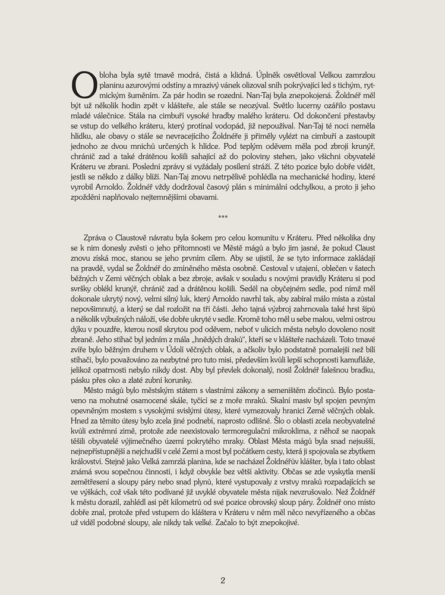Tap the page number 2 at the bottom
point(223,580)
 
